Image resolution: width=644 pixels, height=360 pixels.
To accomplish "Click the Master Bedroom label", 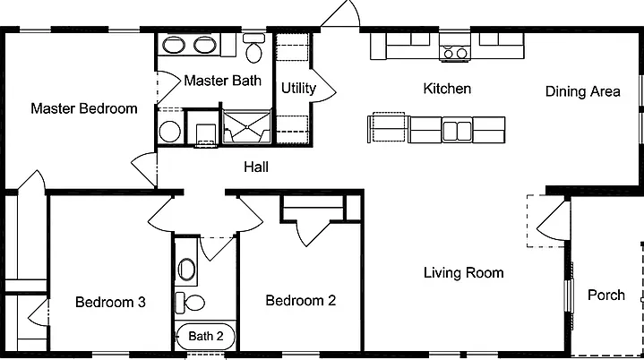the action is pos(84,108).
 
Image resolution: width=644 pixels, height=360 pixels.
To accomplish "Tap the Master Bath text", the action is pos(222,81).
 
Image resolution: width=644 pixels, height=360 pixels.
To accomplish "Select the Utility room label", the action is pos(298,89).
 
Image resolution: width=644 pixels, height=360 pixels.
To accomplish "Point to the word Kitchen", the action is pos(447,89).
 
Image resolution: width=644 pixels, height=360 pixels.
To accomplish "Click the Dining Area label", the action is pos(582,91).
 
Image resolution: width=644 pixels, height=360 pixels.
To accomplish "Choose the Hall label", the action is pos(256,167).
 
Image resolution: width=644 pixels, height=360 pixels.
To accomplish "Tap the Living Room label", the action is pos(463,273).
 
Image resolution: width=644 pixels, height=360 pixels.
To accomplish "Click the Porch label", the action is pos(606,296).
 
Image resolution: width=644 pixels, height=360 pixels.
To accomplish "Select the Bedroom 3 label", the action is pos(110,303).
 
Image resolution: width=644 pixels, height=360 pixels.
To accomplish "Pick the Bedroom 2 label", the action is pos(301,301).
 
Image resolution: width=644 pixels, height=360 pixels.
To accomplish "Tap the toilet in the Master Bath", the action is pos(253,48).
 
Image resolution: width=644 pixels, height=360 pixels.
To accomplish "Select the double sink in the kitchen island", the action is pos(457,130).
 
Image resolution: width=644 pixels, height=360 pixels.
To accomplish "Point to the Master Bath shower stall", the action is pos(246,127).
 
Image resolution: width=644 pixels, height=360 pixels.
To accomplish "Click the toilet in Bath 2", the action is pos(190,303).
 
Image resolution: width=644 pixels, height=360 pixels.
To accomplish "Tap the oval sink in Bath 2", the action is pos(186,269).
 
